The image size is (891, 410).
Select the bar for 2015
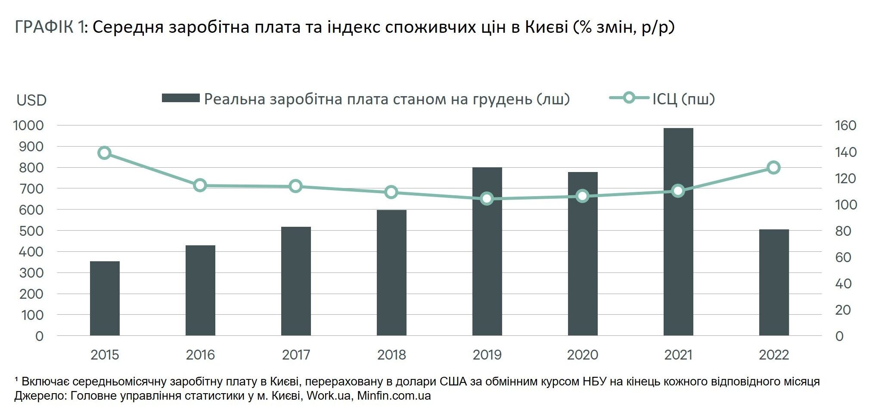coord(105,298)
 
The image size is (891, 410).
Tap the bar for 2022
coord(774,282)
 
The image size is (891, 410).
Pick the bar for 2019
coord(487,251)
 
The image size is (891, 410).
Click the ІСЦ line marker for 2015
coord(104,153)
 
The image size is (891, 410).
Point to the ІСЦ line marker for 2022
coord(774,168)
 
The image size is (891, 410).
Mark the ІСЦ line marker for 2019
coord(487,199)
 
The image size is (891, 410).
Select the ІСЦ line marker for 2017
coord(295,187)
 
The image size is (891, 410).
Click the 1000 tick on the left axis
coord(28,125)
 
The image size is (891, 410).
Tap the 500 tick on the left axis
coord(31,231)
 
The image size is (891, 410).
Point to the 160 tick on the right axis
coord(845,125)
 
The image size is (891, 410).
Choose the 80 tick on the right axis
coord(843,231)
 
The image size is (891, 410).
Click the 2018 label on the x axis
coord(391,355)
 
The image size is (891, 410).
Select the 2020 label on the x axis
coord(582,355)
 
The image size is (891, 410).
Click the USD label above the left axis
coord(31,100)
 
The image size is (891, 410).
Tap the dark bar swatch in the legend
coord(180,98)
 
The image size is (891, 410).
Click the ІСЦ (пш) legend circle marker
coord(629,98)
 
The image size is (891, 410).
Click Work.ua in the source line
coord(328,396)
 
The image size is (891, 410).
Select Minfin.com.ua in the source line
coord(394,396)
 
